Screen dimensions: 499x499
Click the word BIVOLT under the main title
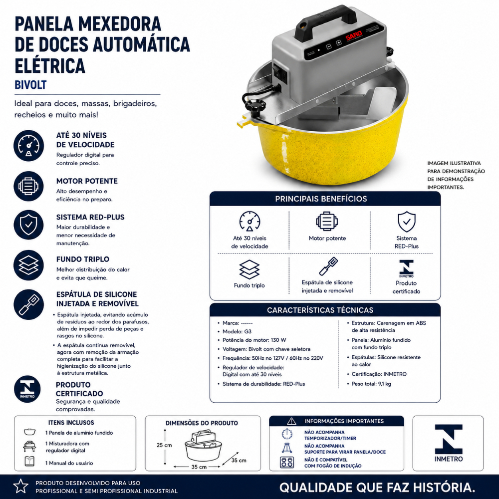(30, 85)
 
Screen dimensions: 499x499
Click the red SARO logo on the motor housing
(354, 35)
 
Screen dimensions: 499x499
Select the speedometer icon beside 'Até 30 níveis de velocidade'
(28, 145)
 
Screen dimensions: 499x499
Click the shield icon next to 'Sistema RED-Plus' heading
(28, 225)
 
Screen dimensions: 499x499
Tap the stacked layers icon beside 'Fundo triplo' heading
(28, 265)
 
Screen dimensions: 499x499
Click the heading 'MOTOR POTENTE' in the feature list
(87, 181)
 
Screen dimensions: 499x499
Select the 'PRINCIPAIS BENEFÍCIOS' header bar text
(321, 199)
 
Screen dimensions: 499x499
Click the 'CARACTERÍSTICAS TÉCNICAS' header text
(320, 310)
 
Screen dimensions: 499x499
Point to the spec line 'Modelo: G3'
(237, 331)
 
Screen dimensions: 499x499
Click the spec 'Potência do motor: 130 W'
(254, 340)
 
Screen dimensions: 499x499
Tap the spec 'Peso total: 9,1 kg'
(371, 384)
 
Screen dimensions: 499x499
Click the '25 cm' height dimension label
(164, 445)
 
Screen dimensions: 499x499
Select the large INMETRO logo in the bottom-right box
(449, 443)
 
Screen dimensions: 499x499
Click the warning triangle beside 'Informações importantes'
(291, 421)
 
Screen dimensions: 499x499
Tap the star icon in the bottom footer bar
(21, 486)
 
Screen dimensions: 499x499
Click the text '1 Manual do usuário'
(69, 463)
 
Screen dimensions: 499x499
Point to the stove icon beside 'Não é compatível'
(287, 462)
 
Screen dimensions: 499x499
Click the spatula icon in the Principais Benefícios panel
(328, 266)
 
